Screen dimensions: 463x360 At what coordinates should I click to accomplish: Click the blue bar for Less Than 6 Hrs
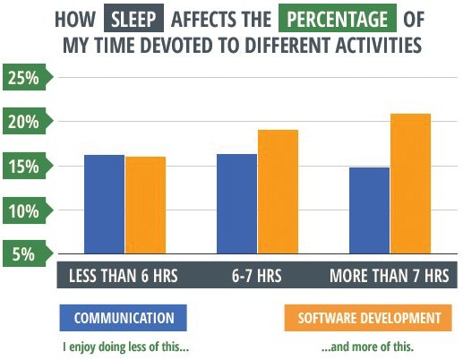(104, 204)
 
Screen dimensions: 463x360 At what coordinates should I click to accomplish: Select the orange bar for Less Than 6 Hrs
(146, 205)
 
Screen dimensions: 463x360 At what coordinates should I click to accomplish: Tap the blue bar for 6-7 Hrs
(236, 204)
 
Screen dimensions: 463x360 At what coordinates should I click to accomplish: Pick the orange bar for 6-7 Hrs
(278, 192)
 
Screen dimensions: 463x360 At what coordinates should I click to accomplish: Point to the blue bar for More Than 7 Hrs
(369, 210)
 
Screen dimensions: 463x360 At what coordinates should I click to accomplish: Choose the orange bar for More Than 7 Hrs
(411, 184)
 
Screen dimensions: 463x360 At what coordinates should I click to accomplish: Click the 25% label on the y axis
(23, 78)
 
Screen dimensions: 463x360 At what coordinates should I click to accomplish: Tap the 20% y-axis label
(23, 122)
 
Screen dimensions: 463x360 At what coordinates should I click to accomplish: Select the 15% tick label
(23, 167)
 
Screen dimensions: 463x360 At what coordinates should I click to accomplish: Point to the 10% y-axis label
(23, 211)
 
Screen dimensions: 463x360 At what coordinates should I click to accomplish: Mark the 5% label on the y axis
(23, 254)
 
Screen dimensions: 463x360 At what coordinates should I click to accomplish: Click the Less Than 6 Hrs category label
(124, 275)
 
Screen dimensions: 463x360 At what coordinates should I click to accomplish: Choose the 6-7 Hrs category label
(257, 275)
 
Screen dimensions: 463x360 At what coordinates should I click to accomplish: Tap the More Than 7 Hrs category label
(390, 275)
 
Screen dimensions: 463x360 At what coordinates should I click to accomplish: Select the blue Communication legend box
(124, 318)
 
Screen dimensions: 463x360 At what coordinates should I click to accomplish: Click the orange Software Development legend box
(368, 318)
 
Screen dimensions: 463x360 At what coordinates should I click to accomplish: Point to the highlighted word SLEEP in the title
(133, 18)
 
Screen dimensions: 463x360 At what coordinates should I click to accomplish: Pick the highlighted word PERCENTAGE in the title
(338, 18)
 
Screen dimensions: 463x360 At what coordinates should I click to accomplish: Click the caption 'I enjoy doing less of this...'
(126, 347)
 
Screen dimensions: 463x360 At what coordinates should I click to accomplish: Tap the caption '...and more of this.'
(368, 347)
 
